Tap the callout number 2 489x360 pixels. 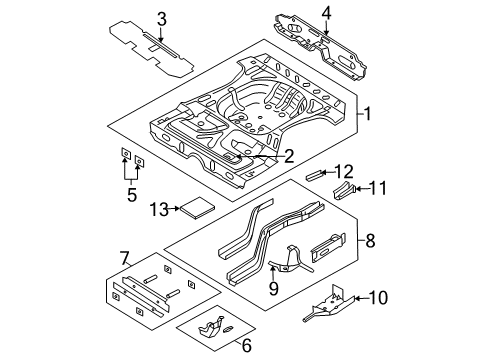[x=288, y=155]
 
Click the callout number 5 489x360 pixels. [x=132, y=195]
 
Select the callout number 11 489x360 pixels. [x=378, y=187]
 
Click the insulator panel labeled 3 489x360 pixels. [x=147, y=45]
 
